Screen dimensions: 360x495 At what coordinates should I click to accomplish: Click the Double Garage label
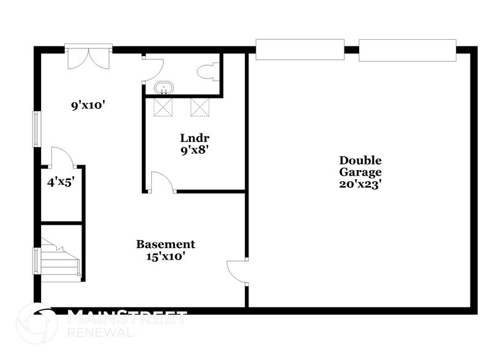tap(361, 166)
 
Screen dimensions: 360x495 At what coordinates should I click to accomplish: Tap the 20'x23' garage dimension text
tap(361, 183)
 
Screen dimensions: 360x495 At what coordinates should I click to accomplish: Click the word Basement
tap(165, 244)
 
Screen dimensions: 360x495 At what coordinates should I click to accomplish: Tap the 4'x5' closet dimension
tap(61, 181)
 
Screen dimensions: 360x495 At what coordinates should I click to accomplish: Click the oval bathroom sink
tap(163, 88)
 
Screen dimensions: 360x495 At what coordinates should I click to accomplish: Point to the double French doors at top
tap(89, 56)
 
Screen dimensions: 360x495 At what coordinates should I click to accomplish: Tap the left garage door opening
tap(299, 50)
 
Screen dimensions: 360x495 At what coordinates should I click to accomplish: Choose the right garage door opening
tap(408, 50)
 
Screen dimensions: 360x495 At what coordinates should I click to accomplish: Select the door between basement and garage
tap(238, 271)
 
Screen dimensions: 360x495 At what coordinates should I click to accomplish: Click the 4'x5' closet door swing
tap(62, 157)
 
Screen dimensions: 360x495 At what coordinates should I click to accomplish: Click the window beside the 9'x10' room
tap(37, 129)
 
